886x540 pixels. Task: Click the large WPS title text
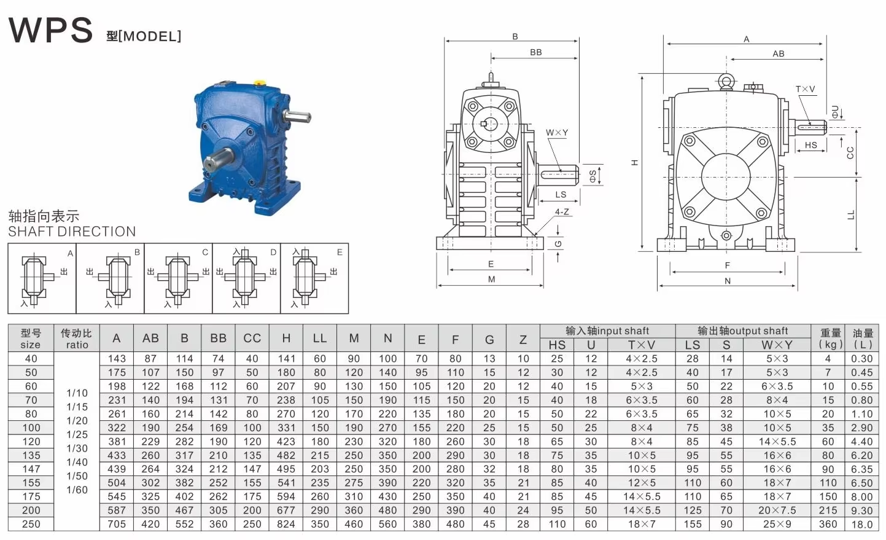click(x=50, y=30)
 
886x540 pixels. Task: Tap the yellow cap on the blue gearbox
click(x=260, y=83)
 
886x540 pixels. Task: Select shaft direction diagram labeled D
click(x=246, y=278)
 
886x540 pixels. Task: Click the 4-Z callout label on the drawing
click(x=562, y=212)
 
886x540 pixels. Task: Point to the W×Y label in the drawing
click(x=557, y=133)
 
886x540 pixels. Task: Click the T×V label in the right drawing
click(x=806, y=89)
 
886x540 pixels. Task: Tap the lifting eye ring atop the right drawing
click(x=726, y=80)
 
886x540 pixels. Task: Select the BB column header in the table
click(x=219, y=338)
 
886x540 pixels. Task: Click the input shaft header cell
click(x=607, y=331)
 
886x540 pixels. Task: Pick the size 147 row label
click(x=31, y=469)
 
